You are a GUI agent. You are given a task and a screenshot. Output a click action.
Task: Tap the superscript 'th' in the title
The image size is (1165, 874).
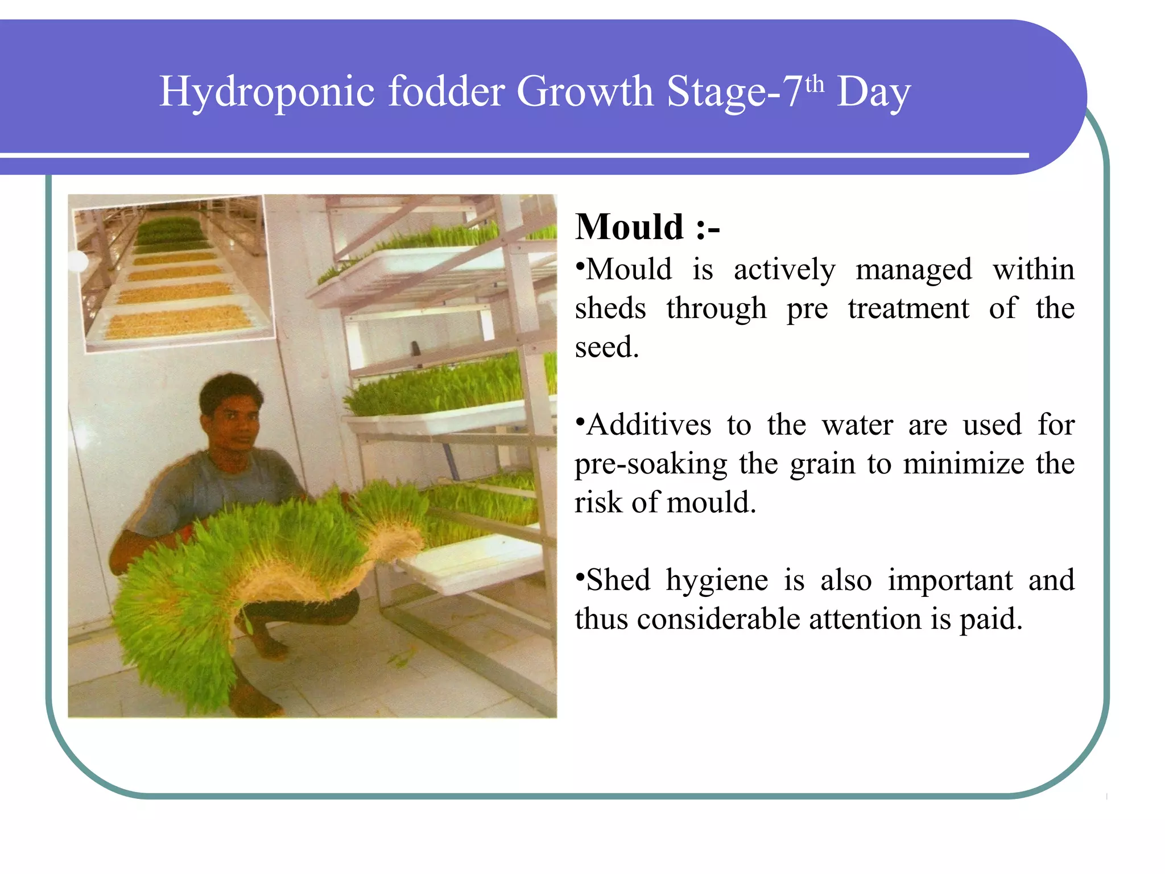click(x=815, y=84)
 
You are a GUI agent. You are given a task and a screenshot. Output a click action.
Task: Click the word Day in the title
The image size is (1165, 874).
click(x=874, y=92)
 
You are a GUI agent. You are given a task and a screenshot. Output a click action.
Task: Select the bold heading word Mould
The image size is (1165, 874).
click(x=629, y=227)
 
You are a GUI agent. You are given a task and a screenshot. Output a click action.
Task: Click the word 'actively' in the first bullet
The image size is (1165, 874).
click(x=784, y=270)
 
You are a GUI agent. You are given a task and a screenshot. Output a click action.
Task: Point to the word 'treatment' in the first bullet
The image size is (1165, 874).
click(x=908, y=309)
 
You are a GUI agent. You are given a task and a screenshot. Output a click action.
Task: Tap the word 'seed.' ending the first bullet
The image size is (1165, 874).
click(x=607, y=347)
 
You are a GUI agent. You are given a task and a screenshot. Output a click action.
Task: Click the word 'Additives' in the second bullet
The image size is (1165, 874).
click(x=649, y=425)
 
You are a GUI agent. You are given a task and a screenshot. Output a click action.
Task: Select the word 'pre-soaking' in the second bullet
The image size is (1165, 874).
click(x=651, y=464)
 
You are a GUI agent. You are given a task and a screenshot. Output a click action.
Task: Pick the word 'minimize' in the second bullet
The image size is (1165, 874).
click(x=964, y=464)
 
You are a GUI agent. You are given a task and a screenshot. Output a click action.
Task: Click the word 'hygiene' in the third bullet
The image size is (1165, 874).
click(x=717, y=580)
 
